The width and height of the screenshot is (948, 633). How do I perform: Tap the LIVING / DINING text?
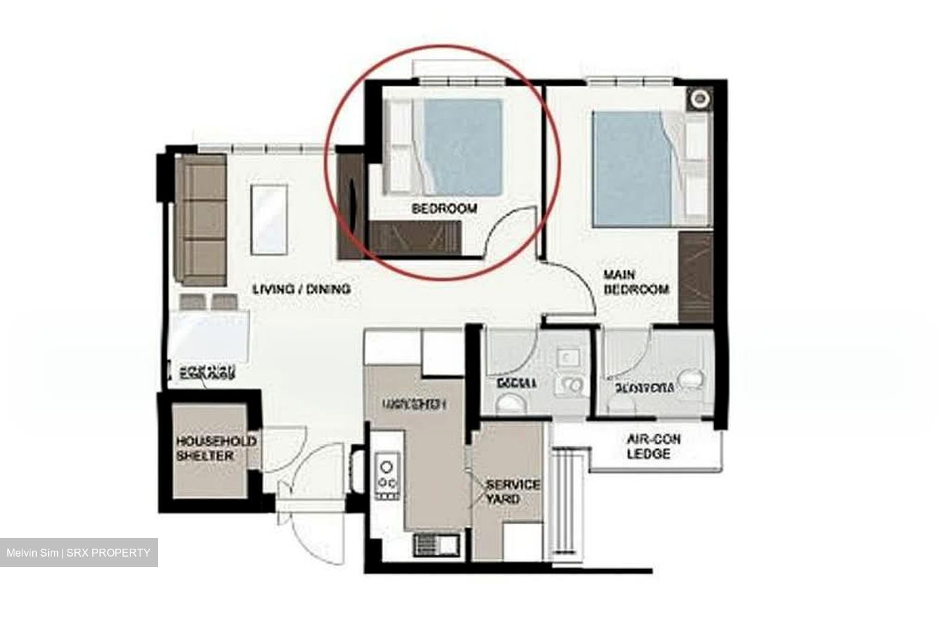tap(302, 289)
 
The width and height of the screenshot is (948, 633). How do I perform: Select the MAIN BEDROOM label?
tap(636, 281)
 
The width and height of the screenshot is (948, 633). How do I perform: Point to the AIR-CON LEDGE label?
tap(653, 447)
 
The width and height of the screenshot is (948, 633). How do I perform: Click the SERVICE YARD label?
tap(512, 491)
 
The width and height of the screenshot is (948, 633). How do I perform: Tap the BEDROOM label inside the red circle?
tap(444, 209)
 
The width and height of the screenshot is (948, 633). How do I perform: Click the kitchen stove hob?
tap(387, 476)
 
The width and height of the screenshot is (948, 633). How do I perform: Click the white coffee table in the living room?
tap(269, 219)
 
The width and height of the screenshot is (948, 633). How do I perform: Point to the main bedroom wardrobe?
tap(696, 277)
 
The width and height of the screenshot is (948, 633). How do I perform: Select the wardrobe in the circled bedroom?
tap(415, 237)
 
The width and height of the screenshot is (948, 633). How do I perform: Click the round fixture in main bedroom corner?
tap(699, 99)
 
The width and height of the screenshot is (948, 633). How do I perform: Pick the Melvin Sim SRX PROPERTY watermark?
tap(78, 553)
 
